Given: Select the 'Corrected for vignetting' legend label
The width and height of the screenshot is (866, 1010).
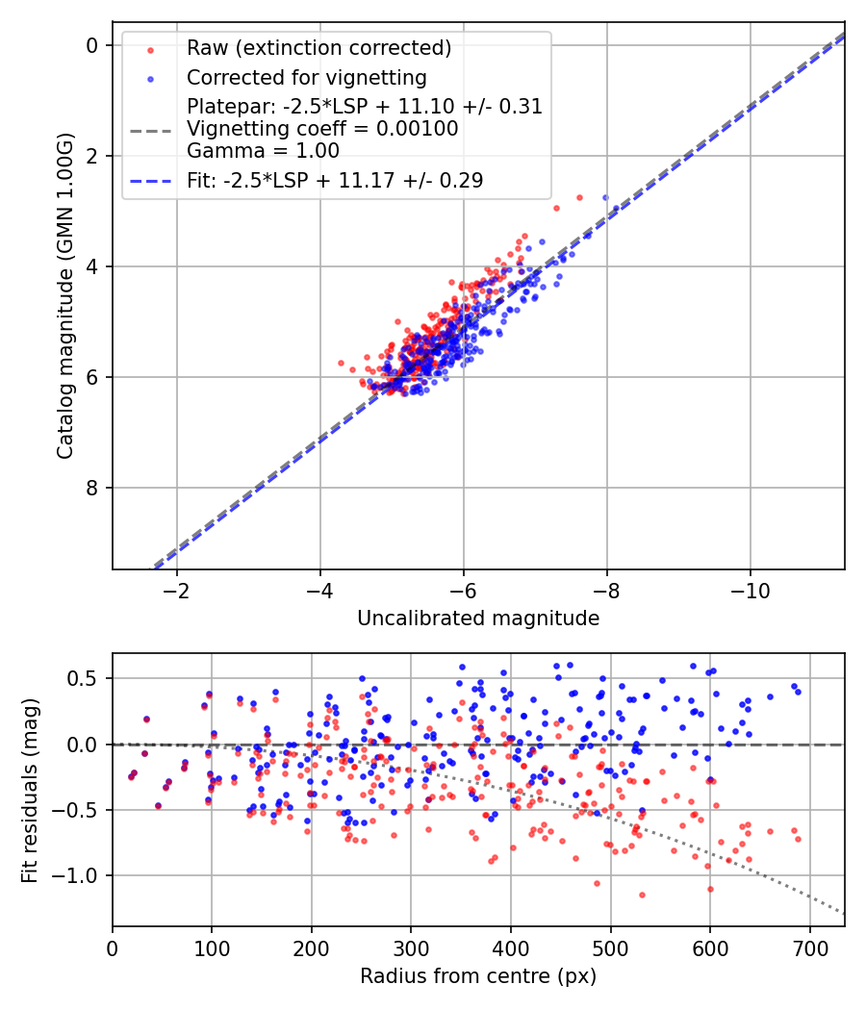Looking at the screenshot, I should click(x=306, y=77).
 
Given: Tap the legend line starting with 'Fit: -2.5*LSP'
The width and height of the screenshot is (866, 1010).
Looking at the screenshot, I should click(x=335, y=180).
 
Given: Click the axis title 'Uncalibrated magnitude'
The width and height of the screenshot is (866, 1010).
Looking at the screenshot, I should click(x=478, y=619).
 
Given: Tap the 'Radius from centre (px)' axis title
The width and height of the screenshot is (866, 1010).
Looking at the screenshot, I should click(x=478, y=976).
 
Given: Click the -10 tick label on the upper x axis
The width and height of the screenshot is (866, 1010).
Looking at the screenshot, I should click(x=750, y=590).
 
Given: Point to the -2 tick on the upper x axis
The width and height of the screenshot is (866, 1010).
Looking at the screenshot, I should click(x=177, y=590).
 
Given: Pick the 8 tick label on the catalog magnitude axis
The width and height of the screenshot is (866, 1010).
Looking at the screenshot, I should click(x=92, y=488).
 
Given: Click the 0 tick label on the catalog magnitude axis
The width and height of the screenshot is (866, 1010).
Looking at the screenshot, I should click(x=92, y=45).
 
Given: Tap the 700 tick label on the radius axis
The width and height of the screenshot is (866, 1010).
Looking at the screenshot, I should click(x=809, y=947).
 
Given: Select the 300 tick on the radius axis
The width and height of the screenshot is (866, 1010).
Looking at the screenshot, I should click(x=411, y=947).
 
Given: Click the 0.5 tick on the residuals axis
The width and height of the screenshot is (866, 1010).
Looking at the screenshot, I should click(x=88, y=679).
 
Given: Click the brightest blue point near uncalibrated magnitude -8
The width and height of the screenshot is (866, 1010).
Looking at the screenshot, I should click(x=605, y=197).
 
